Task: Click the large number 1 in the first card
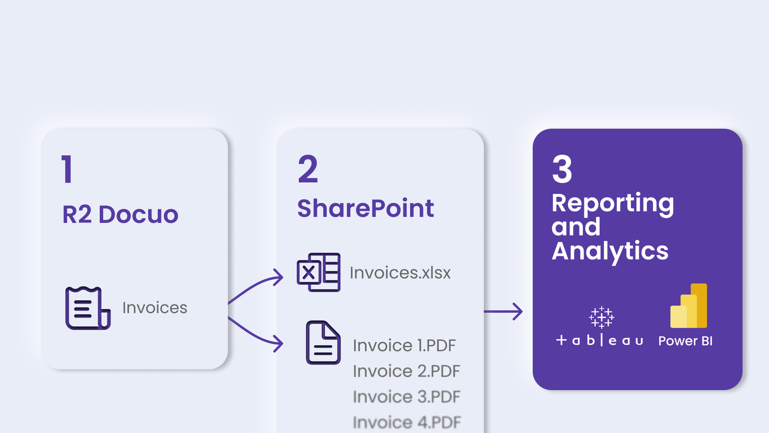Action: (67, 170)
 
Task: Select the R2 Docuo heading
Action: (120, 214)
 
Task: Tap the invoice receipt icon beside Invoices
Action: (88, 308)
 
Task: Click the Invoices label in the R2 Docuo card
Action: (155, 308)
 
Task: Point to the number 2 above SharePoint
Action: (308, 170)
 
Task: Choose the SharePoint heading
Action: (365, 208)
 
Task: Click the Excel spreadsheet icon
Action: (318, 272)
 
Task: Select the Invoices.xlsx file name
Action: (400, 273)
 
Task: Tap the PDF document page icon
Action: (323, 342)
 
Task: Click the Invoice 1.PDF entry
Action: (404, 346)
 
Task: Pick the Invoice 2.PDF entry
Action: (406, 371)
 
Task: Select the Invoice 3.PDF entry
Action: (406, 397)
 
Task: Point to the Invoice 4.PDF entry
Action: (407, 422)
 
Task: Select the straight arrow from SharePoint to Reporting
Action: (503, 312)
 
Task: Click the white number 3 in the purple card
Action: (562, 170)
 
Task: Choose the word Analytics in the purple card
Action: (610, 251)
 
